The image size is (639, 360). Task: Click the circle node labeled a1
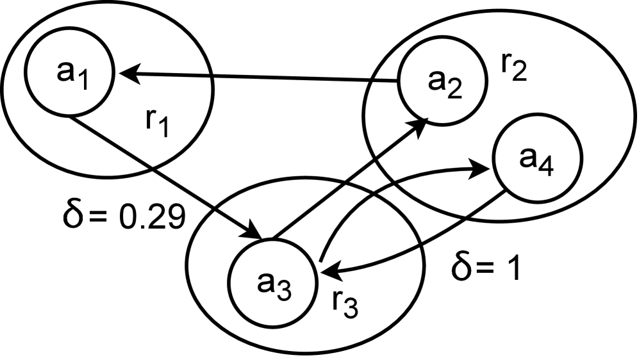point(70,73)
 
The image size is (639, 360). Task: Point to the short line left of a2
point(385,81)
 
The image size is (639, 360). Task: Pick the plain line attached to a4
point(484,203)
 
